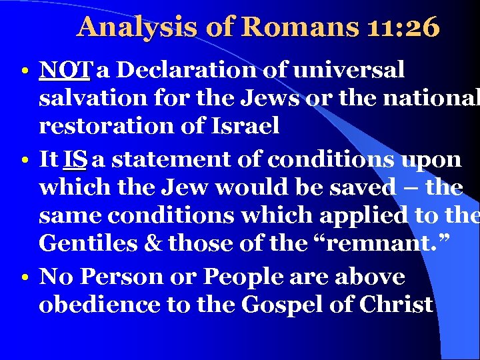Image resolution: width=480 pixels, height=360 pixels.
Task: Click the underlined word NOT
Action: coord(69,69)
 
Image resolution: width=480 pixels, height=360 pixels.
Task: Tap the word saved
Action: coord(360,188)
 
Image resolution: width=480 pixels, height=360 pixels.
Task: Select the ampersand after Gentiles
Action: coord(153,243)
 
